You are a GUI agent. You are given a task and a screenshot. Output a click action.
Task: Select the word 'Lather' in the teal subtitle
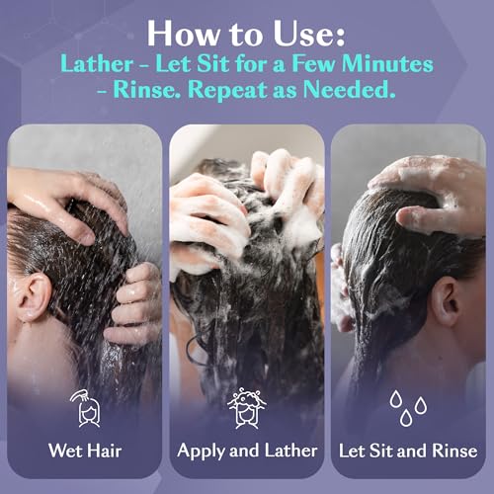97,63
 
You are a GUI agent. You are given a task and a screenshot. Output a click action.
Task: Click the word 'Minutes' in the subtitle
387,63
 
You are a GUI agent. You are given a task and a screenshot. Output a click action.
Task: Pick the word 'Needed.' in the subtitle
349,89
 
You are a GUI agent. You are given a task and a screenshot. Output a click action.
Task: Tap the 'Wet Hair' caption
85,451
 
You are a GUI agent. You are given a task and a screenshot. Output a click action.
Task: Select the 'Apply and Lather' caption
247,452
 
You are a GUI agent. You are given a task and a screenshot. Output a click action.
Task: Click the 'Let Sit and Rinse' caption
408,451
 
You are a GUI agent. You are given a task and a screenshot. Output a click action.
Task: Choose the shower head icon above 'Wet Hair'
85,408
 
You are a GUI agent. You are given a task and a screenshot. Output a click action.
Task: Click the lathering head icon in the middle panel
247,408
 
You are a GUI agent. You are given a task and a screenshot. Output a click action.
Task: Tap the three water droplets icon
408,408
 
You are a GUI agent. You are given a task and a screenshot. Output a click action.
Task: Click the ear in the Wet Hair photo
35,297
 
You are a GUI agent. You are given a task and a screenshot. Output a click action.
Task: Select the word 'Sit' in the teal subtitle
212,63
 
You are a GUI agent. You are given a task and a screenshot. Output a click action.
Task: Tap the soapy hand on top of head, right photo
432,191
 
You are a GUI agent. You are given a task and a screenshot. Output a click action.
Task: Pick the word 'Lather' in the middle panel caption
290,451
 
